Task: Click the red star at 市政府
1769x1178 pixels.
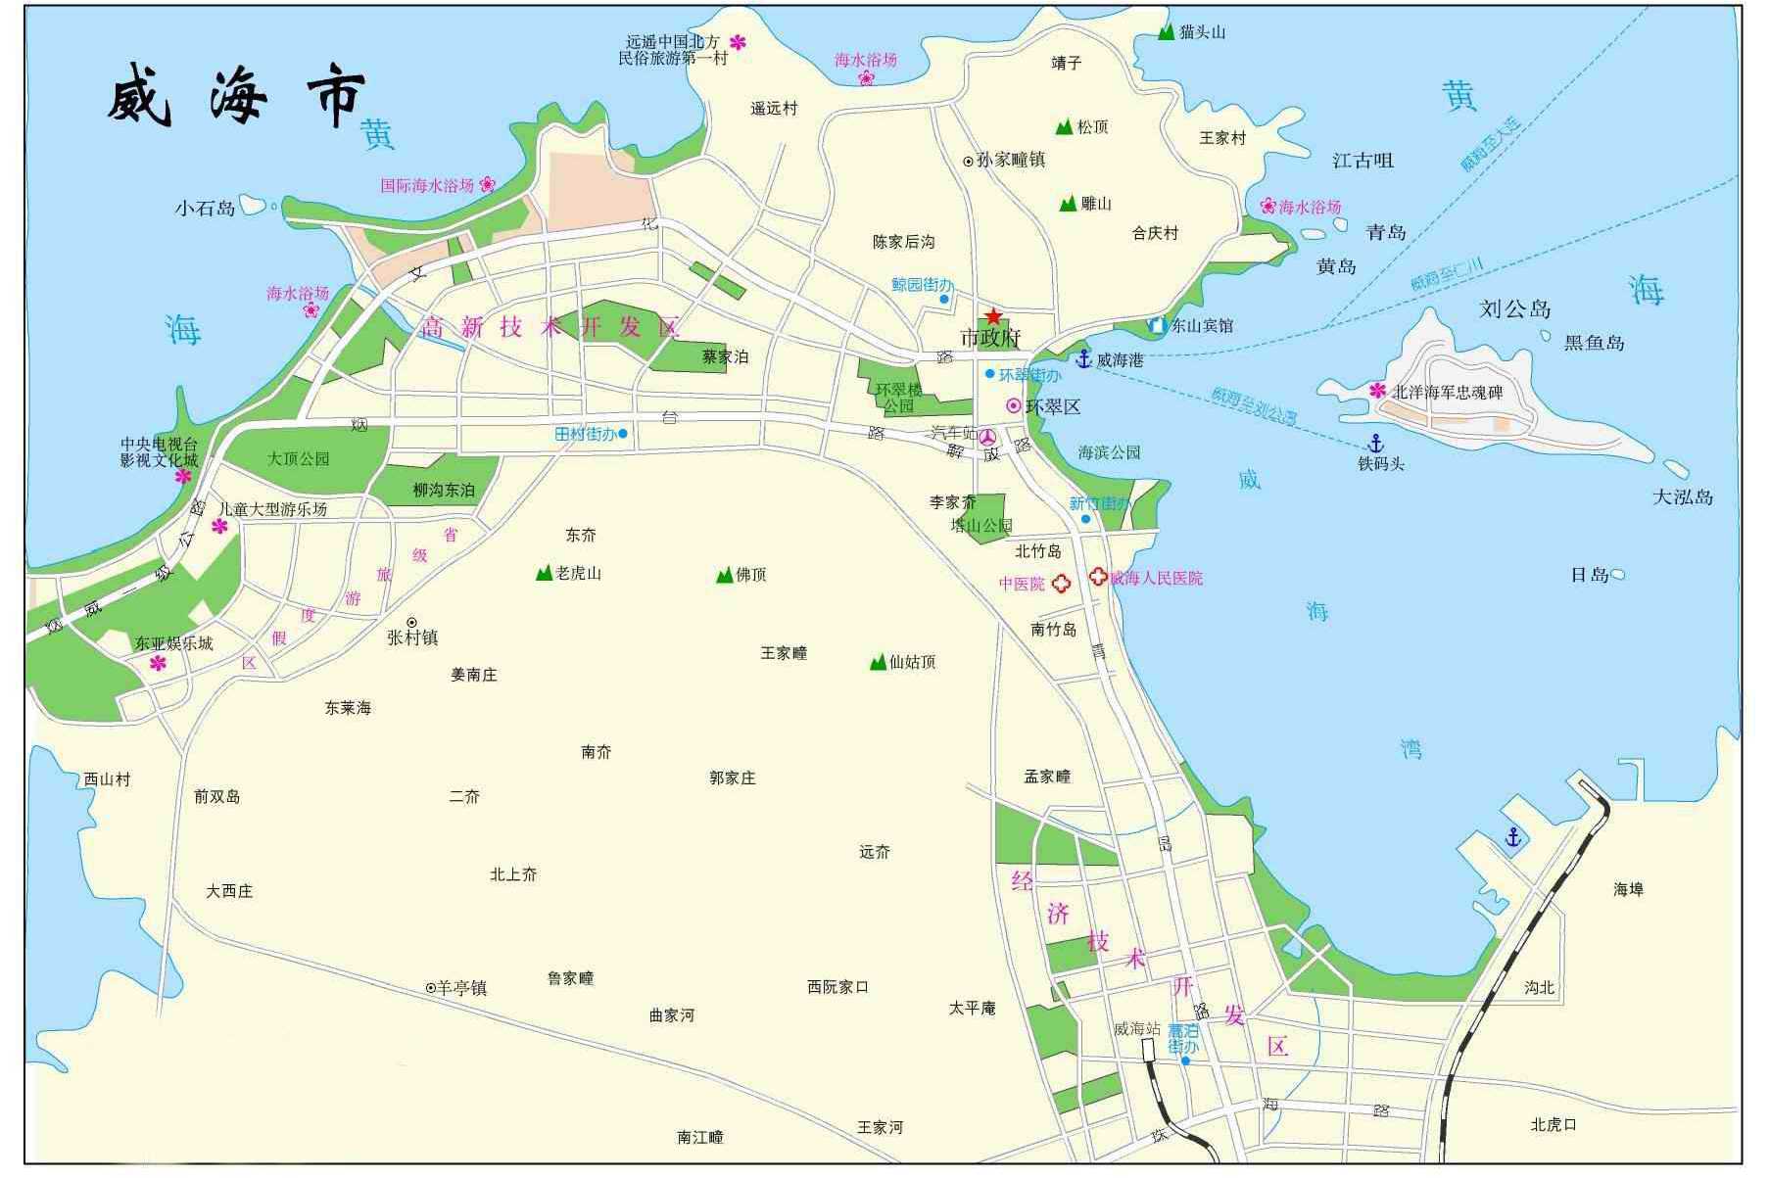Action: coord(993,316)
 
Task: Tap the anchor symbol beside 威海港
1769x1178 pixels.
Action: coord(1083,358)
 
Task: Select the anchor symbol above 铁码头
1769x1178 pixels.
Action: coord(1376,443)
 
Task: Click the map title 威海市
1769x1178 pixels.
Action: coord(236,97)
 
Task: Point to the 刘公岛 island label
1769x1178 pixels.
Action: coord(1514,309)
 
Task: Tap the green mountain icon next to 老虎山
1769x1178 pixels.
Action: coord(544,573)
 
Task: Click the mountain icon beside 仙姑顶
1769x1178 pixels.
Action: coord(878,663)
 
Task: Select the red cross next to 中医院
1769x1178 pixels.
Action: coord(1060,584)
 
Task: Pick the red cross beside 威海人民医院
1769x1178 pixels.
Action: coord(1098,577)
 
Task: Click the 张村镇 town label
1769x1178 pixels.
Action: coord(412,637)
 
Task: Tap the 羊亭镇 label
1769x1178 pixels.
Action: coord(461,988)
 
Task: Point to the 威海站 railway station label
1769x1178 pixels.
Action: coord(1136,1029)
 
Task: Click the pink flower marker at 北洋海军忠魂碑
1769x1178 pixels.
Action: coord(1378,391)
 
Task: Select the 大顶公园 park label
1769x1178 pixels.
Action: coord(298,458)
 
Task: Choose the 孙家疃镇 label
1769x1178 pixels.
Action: coord(1010,160)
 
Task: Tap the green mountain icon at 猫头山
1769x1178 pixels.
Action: coord(1166,32)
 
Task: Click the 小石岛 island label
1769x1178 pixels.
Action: coord(206,208)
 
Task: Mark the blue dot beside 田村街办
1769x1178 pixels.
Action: coord(623,433)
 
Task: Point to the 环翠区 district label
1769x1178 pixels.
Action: coord(1053,406)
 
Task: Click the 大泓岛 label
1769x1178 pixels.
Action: coord(1683,496)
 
